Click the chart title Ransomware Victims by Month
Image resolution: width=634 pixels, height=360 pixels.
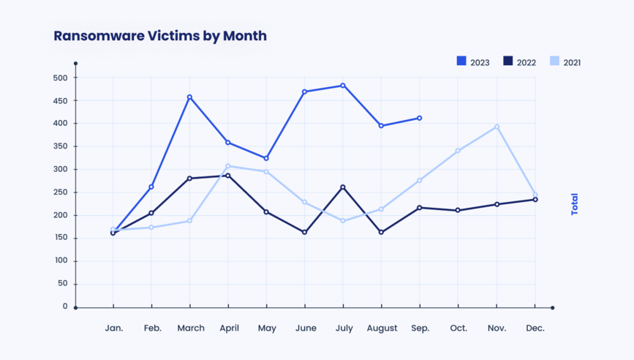click(x=160, y=36)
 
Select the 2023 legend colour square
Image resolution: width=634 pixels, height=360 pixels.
click(x=461, y=61)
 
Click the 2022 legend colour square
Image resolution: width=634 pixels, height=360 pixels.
click(x=507, y=61)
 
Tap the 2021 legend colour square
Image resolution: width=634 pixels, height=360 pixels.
click(x=554, y=61)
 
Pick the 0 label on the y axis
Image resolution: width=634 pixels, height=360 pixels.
click(x=65, y=307)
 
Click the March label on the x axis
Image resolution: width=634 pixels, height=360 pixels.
click(x=191, y=329)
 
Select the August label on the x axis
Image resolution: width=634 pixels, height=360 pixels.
click(x=381, y=329)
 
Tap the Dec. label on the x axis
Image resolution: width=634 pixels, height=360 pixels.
click(x=535, y=329)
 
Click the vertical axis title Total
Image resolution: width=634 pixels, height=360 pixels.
click(x=575, y=203)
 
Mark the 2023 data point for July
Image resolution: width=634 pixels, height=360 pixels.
click(x=343, y=86)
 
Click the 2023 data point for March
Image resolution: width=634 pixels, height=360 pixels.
click(x=189, y=97)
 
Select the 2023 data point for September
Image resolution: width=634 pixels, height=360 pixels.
click(x=420, y=118)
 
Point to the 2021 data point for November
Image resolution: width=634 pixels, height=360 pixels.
click(x=497, y=127)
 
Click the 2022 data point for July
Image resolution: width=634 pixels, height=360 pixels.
click(x=343, y=187)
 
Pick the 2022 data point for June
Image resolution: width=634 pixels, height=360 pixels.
click(x=304, y=233)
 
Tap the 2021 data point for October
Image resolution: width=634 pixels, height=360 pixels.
click(x=458, y=151)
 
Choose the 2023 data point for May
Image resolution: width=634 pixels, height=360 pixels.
click(x=266, y=158)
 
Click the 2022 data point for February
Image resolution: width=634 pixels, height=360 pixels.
click(x=151, y=213)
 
